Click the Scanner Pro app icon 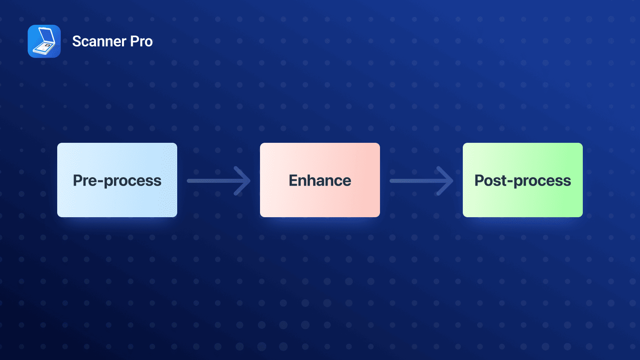(44, 41)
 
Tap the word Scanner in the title (99, 42)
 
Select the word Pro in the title (141, 42)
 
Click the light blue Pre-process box (117, 180)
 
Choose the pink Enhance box (320, 180)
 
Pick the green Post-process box (523, 180)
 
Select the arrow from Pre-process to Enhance (219, 181)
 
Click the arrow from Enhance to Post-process (422, 181)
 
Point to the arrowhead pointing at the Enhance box (243, 181)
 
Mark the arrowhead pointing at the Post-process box (446, 181)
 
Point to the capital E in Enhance (294, 180)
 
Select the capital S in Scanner (77, 42)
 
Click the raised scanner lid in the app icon (45, 36)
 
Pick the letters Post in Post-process (490, 180)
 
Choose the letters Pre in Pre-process (85, 180)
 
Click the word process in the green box (542, 182)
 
